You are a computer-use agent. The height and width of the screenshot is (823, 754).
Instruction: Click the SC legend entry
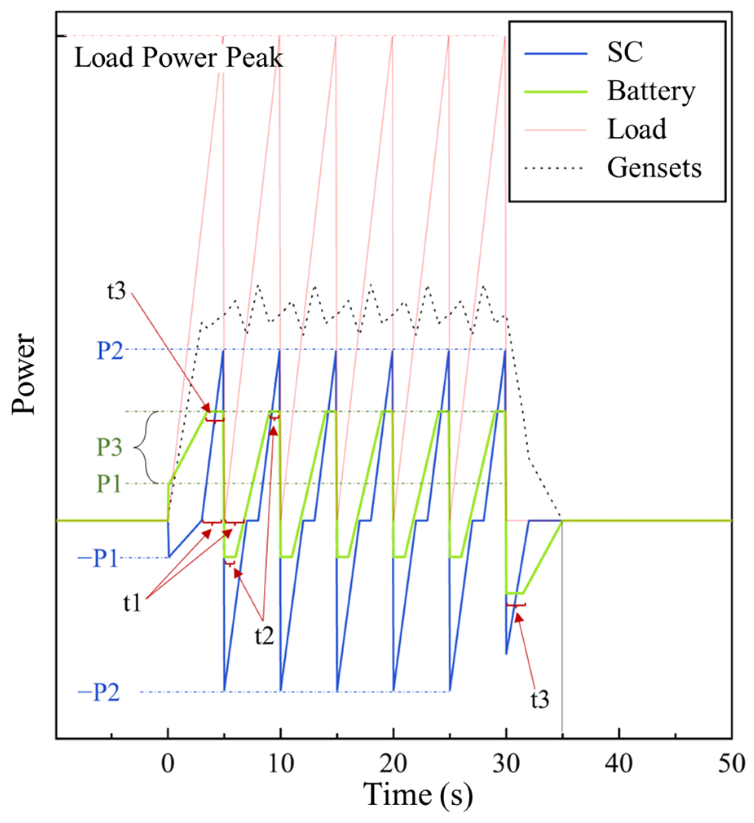coord(624,52)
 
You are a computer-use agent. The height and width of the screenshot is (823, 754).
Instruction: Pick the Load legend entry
coord(637,129)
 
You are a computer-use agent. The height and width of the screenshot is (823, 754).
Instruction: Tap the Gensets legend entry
coord(654,168)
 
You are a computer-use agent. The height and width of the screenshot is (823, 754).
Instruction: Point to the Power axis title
coord(24,374)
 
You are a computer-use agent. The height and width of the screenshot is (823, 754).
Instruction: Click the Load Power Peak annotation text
coord(179,57)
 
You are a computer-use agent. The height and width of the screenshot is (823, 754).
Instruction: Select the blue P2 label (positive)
coord(109,350)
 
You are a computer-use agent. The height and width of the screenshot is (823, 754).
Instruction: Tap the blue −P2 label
coord(98,693)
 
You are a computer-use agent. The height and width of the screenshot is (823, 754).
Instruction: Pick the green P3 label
coord(109,448)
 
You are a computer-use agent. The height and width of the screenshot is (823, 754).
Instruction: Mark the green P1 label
coord(108,484)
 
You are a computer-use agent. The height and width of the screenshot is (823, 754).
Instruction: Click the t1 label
coord(133,602)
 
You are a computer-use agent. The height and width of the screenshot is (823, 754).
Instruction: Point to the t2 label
coord(265,635)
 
